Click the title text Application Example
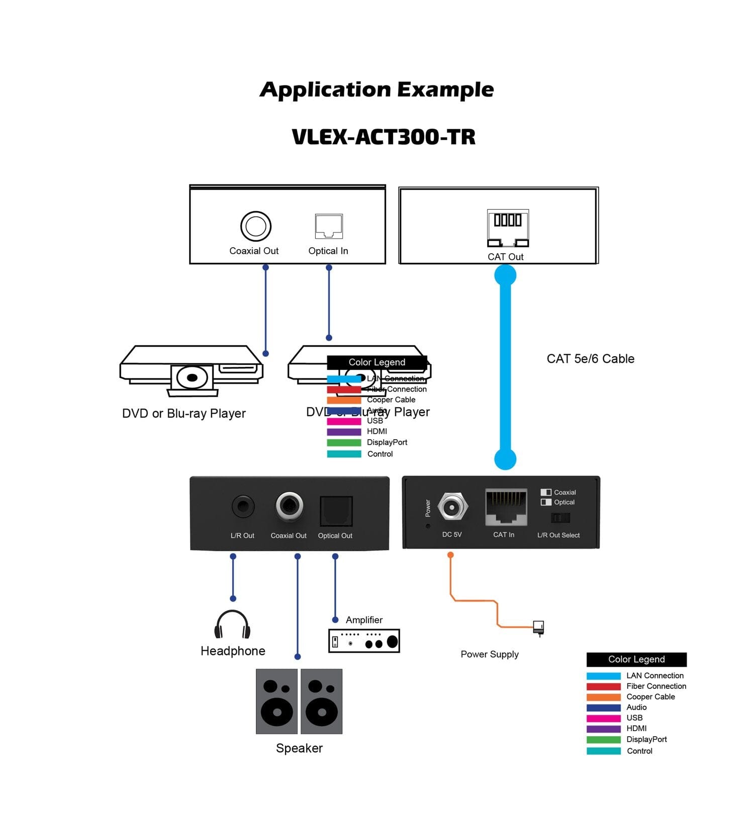tap(377, 90)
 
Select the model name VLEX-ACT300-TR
tap(384, 137)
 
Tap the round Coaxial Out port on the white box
tap(255, 226)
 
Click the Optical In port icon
tap(329, 226)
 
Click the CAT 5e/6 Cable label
tap(590, 359)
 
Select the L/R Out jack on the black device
tap(243, 506)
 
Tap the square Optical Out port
tap(336, 511)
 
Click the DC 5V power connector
tap(452, 507)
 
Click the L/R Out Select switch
tap(560, 518)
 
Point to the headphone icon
tap(232, 625)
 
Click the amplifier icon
tap(364, 641)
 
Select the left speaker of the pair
tap(276, 701)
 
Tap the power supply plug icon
tap(538, 628)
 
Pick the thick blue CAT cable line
tap(505, 367)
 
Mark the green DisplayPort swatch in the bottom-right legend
tap(603, 740)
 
